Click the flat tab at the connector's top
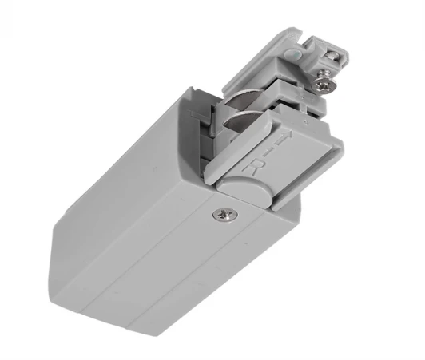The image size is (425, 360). click(x=288, y=36)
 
